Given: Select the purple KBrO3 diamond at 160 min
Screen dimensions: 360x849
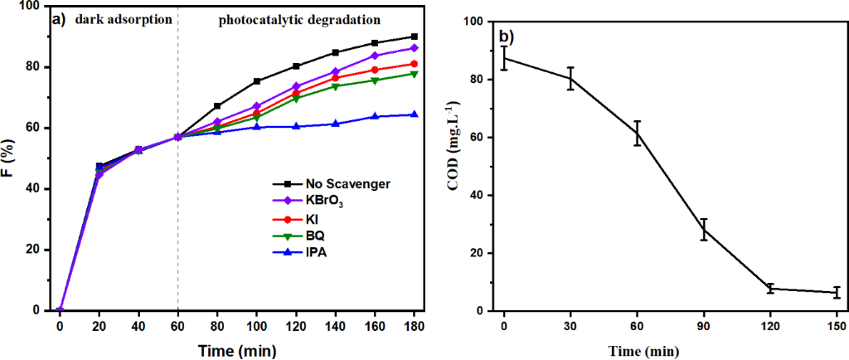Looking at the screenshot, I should click(x=375, y=56).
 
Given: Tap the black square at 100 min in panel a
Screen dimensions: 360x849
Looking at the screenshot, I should click(x=257, y=81).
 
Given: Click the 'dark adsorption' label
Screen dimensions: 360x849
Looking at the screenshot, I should click(x=117, y=18).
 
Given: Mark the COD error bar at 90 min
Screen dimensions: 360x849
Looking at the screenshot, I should click(x=703, y=229).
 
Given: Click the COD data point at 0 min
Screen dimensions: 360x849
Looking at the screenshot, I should click(x=503, y=58).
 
